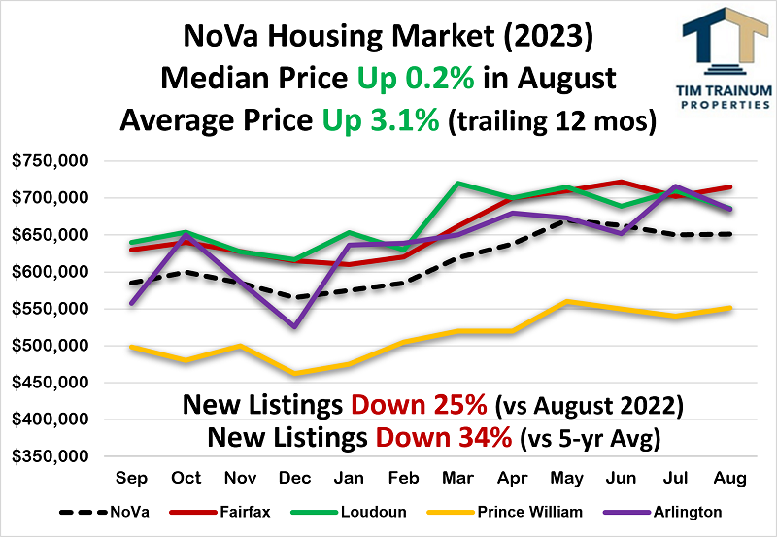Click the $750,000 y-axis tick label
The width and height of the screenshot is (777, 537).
pyautogui.click(x=51, y=161)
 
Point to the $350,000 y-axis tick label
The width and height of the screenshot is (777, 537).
pyautogui.click(x=51, y=456)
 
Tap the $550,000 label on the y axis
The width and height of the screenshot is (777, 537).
pyautogui.click(x=51, y=309)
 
